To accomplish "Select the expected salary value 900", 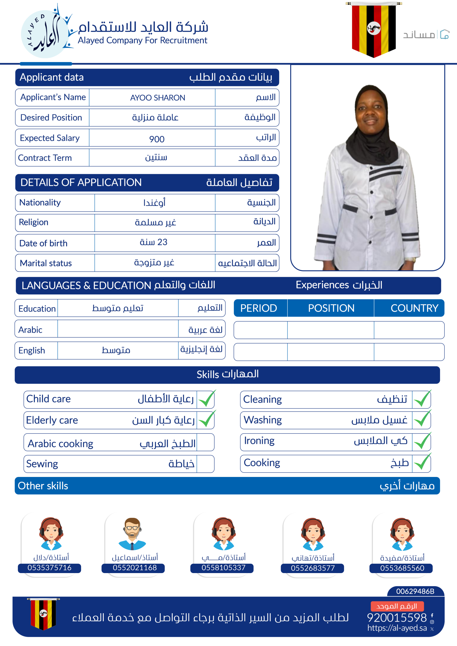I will (157, 139).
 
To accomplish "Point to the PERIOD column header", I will (259, 308).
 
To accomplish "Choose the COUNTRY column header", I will (414, 308).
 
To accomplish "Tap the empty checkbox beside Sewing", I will (205, 464).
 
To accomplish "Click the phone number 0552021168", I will (135, 568).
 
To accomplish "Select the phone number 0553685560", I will (402, 568).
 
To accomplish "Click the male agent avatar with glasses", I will (132, 533).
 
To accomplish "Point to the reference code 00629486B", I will (415, 591).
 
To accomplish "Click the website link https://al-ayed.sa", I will (397, 628).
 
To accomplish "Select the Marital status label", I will (46, 263).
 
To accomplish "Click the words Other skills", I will (43, 486).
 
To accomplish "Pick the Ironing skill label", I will (259, 441).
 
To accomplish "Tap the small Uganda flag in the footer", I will (43, 613).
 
